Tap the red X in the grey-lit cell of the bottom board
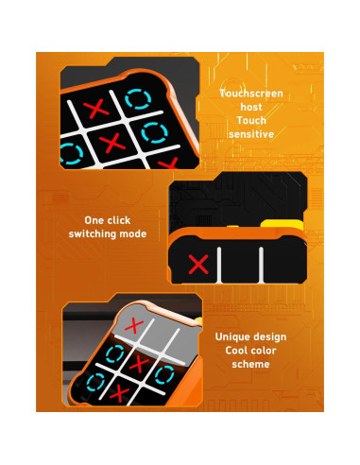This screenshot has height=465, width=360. (136, 327)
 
